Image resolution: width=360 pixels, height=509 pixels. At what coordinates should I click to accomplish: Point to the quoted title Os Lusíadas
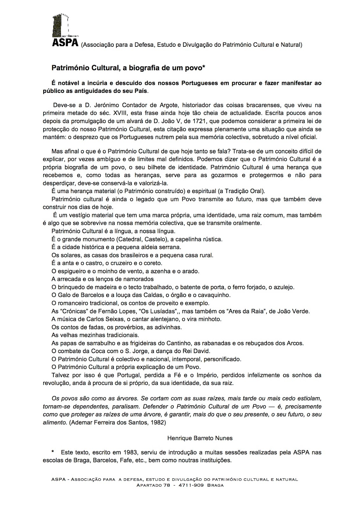(158, 311)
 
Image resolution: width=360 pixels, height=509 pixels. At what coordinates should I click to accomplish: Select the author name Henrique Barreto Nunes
(200, 438)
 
